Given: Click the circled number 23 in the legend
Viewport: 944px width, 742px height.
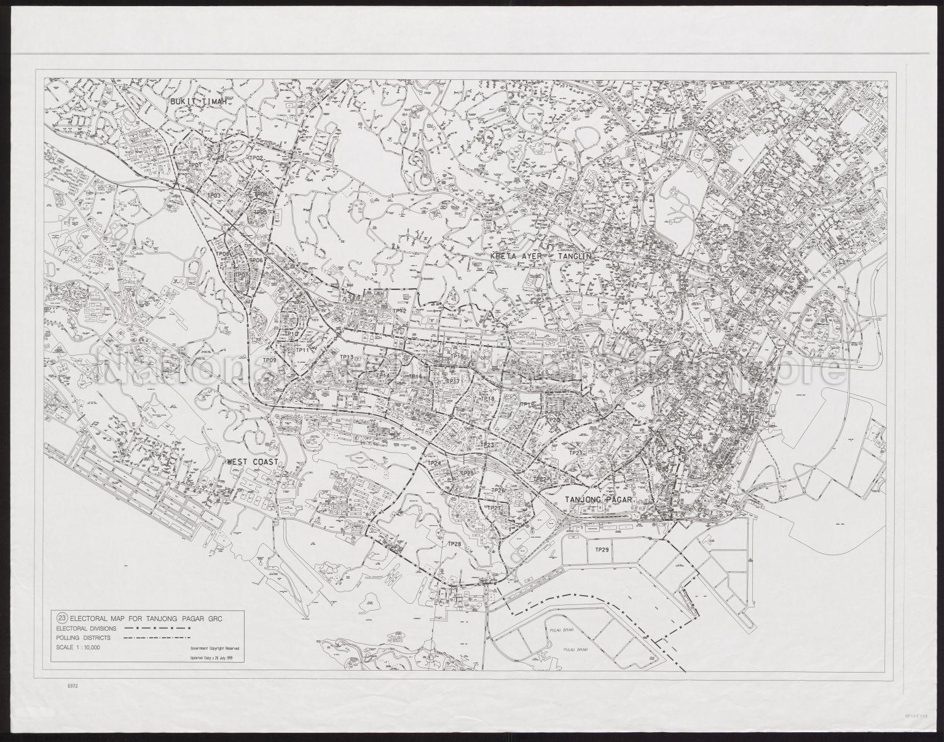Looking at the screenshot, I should (x=61, y=619).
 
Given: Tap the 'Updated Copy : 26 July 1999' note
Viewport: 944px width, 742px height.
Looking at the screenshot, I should (x=210, y=658).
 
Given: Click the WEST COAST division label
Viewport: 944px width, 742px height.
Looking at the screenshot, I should (x=253, y=462).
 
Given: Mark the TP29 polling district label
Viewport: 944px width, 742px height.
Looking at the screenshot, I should (x=602, y=550).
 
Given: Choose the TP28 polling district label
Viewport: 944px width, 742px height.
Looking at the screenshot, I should (x=454, y=544).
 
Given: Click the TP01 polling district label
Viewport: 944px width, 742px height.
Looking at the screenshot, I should (x=195, y=166).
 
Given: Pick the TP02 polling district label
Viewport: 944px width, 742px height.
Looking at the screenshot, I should (x=256, y=158).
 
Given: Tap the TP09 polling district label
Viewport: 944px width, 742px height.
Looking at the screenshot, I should (x=269, y=359).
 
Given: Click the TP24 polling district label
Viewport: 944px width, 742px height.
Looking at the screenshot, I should (x=435, y=463).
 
